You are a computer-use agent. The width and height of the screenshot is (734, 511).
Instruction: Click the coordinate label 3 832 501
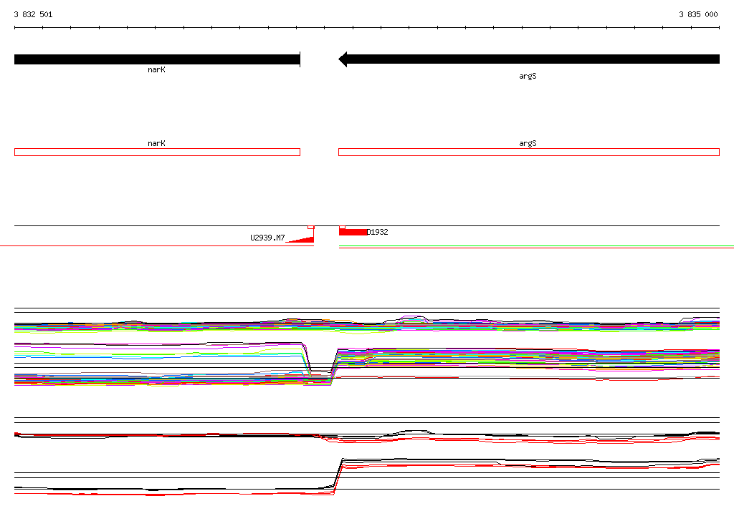[33, 14]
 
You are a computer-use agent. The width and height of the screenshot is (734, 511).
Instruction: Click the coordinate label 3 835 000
[698, 14]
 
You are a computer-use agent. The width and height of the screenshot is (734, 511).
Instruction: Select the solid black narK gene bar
[157, 59]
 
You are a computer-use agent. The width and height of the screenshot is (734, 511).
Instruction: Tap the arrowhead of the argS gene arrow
[343, 59]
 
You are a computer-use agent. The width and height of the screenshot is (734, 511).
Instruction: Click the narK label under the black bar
[156, 69]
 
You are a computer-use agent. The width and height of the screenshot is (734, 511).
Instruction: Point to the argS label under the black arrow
[528, 76]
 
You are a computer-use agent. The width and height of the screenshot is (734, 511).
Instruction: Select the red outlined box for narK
[157, 152]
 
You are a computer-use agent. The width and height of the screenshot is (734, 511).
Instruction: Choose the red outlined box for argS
[529, 152]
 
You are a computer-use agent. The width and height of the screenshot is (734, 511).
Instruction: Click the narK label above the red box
[156, 144]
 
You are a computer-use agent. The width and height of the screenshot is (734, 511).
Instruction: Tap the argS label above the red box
[528, 144]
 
